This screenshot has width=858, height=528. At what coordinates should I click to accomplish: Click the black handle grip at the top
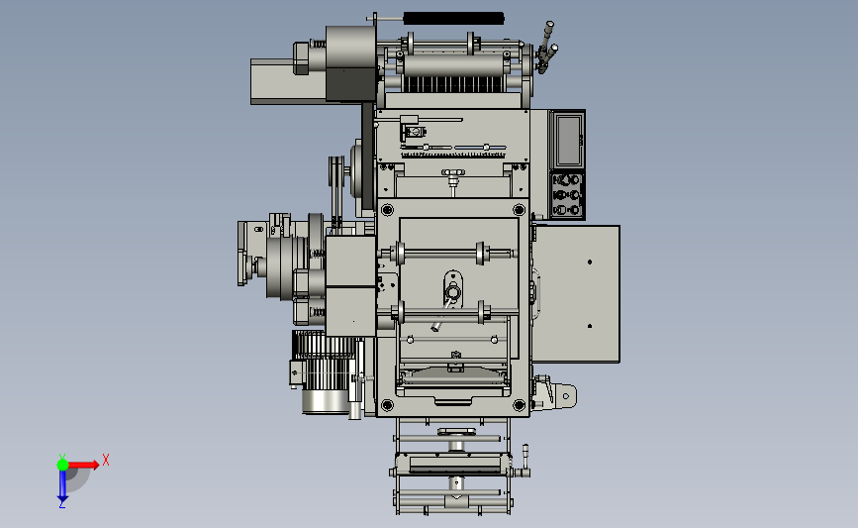[x=453, y=19]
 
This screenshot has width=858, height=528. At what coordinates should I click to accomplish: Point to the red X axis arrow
[x=82, y=465]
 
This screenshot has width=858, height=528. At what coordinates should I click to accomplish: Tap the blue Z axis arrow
[x=62, y=485]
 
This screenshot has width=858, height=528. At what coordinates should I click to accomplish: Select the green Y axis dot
[x=62, y=465]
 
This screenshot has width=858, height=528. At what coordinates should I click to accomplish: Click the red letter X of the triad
[x=106, y=460]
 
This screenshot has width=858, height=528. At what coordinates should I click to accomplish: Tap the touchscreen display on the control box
[x=568, y=141]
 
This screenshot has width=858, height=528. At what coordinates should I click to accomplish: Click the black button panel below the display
[x=567, y=195]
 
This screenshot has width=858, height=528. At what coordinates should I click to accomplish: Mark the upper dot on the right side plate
[x=590, y=262]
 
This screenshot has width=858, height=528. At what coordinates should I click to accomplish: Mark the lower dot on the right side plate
[x=590, y=326]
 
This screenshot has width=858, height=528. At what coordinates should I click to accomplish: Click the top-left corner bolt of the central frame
[x=387, y=209]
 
